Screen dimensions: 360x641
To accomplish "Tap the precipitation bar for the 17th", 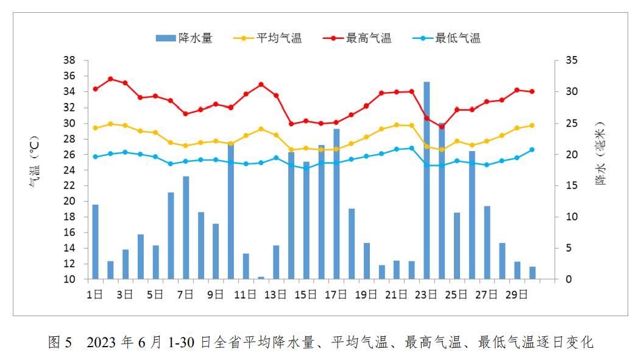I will tap(336, 204).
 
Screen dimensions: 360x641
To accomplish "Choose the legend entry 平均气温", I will tap(268, 38).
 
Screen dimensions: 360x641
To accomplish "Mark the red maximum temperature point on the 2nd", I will tap(110, 79).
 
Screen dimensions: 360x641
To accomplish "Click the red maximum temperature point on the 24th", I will tap(442, 127).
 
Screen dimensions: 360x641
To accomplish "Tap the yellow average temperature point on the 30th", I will tap(532, 125).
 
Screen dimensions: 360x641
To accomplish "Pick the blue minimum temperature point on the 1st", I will tap(95, 157).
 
